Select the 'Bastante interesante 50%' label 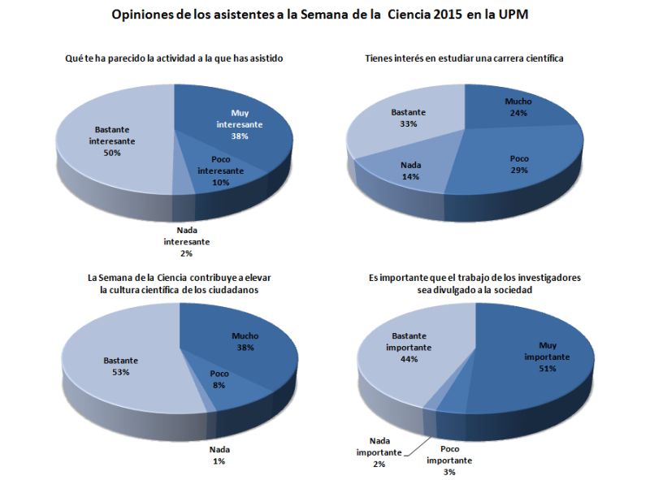click(112, 141)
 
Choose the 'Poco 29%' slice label click(519, 165)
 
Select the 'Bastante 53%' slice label click(121, 365)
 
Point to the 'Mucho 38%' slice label click(245, 341)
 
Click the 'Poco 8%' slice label click(219, 380)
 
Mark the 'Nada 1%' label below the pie click(219, 455)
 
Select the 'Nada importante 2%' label click(379, 452)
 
